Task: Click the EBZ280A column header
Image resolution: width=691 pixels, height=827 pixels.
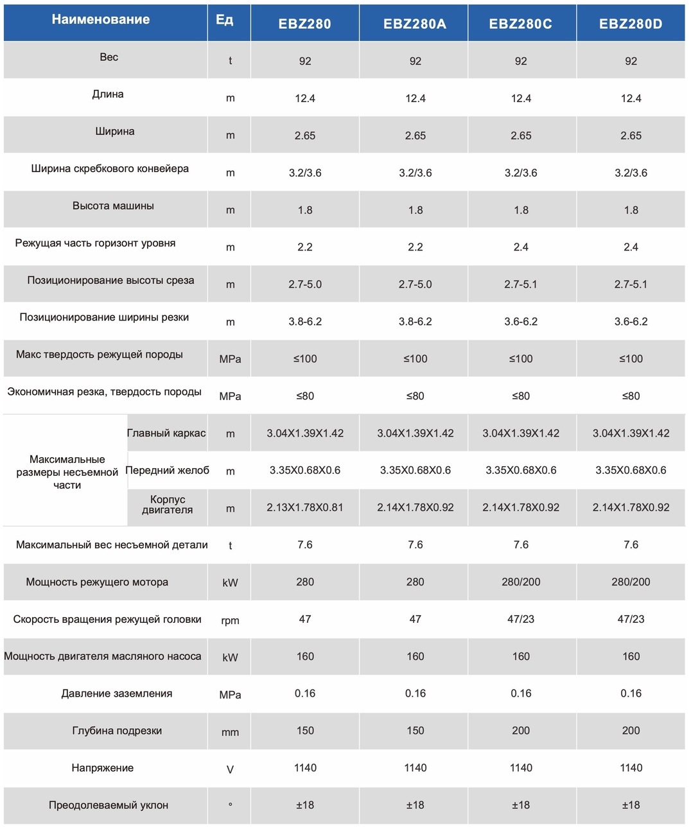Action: [414, 24]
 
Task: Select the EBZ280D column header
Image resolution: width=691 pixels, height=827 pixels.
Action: [631, 24]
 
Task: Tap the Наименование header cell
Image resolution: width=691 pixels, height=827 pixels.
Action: [101, 19]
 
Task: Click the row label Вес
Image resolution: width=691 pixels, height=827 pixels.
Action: [109, 57]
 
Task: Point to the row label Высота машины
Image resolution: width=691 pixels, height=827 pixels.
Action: [113, 205]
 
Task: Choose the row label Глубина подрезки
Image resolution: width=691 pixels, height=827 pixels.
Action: [117, 730]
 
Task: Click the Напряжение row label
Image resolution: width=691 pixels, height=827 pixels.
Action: [103, 767]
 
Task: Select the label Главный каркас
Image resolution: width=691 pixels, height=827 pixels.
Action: [166, 433]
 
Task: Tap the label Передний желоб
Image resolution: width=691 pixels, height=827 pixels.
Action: [167, 470]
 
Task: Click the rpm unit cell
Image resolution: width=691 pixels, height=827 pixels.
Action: [230, 620]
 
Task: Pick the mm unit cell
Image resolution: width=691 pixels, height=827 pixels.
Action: [230, 732]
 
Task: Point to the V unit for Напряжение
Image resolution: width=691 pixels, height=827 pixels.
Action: [230, 769]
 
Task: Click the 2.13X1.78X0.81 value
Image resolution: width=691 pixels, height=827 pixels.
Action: [304, 507]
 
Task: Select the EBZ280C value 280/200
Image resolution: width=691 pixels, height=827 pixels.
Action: [521, 582]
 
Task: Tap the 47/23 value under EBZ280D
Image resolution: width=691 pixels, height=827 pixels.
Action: [631, 619]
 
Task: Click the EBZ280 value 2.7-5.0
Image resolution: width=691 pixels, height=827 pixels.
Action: [304, 284]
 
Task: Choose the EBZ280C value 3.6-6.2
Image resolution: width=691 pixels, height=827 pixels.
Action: [521, 321]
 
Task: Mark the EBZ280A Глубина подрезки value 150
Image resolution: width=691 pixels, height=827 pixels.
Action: [415, 730]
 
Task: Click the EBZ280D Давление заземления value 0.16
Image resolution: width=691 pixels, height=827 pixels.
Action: [631, 693]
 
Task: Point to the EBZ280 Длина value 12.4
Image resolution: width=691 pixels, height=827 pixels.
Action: [304, 98]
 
